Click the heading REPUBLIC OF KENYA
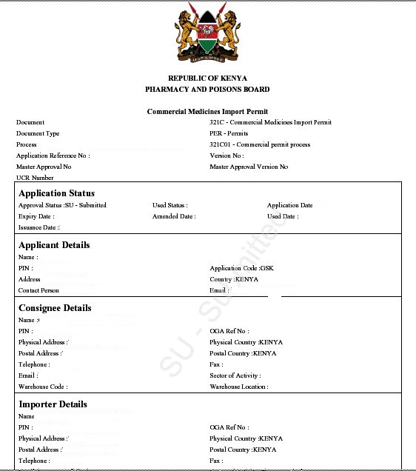[x=207, y=78]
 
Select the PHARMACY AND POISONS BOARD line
[x=207, y=90]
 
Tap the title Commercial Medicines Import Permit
[x=207, y=111]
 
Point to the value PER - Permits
[x=229, y=133]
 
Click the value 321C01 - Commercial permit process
[x=260, y=144]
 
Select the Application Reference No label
[x=53, y=156]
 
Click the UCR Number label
[x=35, y=178]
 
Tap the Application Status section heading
[x=56, y=193]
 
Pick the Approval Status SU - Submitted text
[x=62, y=205]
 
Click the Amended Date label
[x=174, y=216]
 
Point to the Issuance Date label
[x=39, y=227]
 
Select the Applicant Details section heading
[x=54, y=245]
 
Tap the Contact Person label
[x=38, y=290]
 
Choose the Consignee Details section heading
[x=55, y=308]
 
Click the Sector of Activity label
[x=235, y=375]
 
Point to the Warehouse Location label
[x=238, y=387]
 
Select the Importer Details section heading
[x=53, y=404]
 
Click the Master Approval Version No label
[x=249, y=167]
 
